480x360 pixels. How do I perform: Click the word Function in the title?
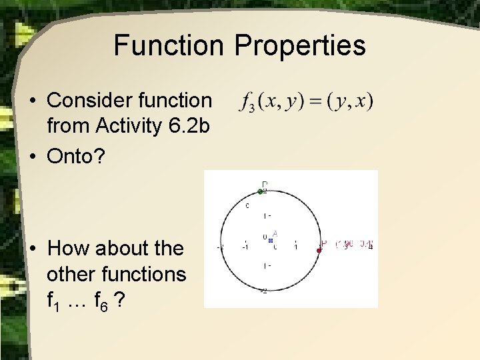point(167,46)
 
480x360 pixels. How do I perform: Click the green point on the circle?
point(261,191)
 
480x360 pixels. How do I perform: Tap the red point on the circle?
point(319,250)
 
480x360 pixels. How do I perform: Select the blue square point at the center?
point(270,238)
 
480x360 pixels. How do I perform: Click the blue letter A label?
point(275,233)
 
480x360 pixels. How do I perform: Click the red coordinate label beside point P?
point(354,244)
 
